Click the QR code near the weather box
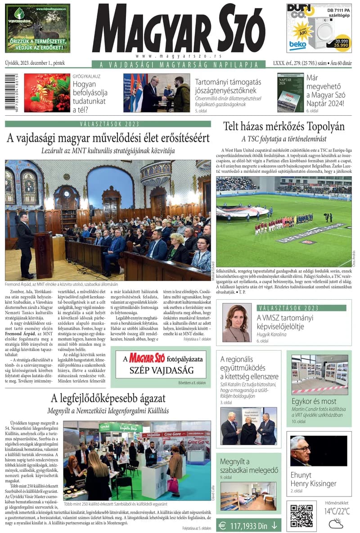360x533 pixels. click(x=301, y=515)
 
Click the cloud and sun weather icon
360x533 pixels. click(x=336, y=523)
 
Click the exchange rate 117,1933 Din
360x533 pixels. click(x=249, y=524)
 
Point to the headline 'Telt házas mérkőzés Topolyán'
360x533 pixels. click(x=284, y=126)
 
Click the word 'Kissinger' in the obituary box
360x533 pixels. click(x=320, y=483)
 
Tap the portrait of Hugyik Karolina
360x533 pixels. click(x=236, y=323)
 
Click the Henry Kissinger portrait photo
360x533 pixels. click(x=300, y=451)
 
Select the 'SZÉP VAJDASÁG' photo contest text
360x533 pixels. click(x=161, y=370)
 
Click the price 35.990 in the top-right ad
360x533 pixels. click(x=341, y=45)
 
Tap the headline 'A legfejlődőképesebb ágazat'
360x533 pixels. click(x=108, y=398)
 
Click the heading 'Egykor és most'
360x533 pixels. click(x=314, y=401)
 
